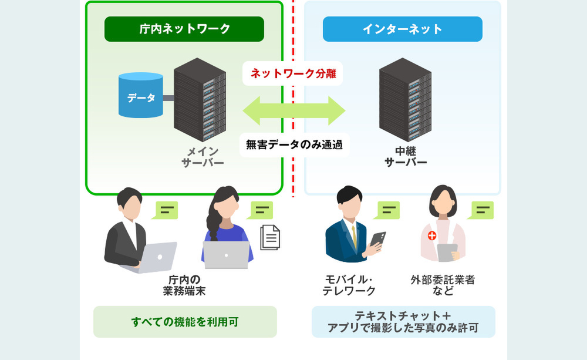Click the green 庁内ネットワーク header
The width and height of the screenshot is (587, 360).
184,29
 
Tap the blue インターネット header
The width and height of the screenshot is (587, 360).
403,29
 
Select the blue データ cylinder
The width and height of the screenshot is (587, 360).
141,95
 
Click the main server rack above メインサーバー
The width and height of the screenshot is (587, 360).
200,100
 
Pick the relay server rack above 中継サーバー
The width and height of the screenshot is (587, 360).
405,100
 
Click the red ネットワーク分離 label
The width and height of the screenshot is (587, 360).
293,73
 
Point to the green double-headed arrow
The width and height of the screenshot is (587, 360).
294,110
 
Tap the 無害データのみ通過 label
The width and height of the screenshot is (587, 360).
294,144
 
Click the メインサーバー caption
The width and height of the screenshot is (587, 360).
203,157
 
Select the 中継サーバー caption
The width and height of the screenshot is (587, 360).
406,157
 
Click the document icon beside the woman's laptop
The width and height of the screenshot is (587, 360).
270,237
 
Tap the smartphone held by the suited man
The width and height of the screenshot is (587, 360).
377,239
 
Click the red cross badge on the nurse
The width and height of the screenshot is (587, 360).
432,235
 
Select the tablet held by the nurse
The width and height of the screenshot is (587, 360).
447,253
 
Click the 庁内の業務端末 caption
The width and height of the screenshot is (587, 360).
184,285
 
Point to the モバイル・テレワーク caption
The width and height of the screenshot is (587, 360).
349,285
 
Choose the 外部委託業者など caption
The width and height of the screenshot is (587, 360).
443,285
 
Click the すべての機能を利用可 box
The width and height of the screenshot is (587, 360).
185,322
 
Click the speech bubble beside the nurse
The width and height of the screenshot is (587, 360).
481,210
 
